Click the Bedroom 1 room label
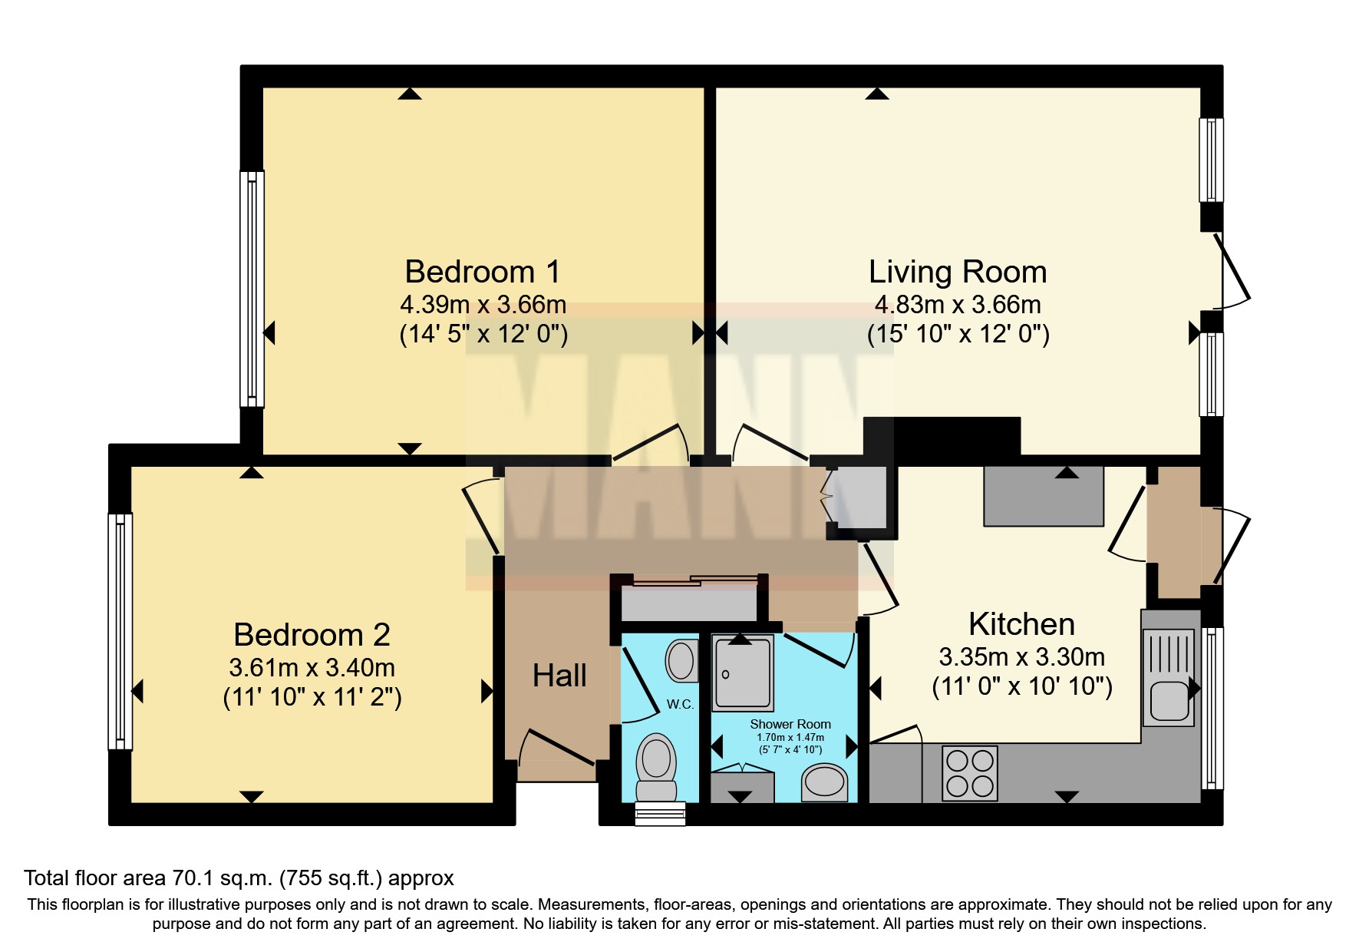coord(483,272)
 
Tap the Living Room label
coord(957,272)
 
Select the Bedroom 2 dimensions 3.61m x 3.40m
coord(312,667)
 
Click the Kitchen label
coord(1021,624)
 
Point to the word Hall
coord(559,676)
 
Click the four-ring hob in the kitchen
coord(970,773)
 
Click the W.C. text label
coord(680,704)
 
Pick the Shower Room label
coord(790,724)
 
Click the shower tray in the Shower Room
coord(741,673)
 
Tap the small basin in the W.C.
coord(681,661)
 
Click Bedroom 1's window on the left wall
coord(252,289)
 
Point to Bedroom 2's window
coord(120,631)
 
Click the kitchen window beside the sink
coord(1212,708)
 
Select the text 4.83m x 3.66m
coord(957,305)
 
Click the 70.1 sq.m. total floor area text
coord(239,878)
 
